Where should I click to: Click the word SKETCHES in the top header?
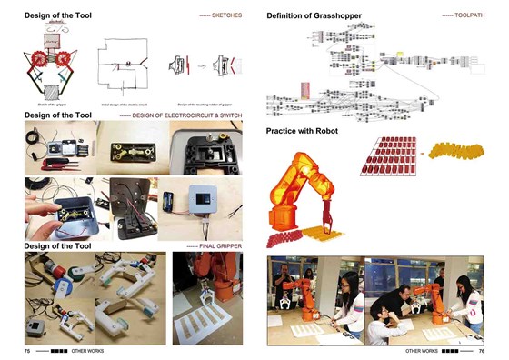(x=227, y=16)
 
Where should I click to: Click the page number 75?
(x=27, y=349)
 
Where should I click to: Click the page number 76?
(x=481, y=349)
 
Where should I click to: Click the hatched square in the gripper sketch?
(x=51, y=91)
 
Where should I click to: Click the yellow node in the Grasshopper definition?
(x=396, y=55)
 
